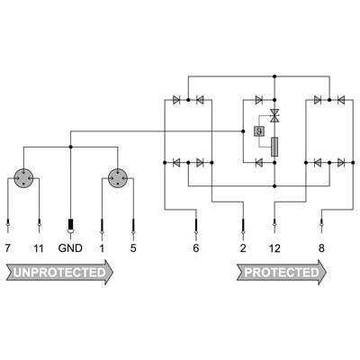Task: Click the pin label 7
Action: (x=8, y=248)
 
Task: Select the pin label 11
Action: (x=39, y=248)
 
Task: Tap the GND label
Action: (x=70, y=248)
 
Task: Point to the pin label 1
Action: (x=102, y=248)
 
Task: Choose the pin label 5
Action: (x=133, y=248)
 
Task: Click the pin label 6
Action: (x=196, y=248)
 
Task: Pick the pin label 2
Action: (x=243, y=248)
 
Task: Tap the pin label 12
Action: (x=274, y=248)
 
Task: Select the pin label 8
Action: (x=321, y=248)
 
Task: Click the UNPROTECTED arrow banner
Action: (x=59, y=272)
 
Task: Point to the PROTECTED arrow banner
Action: (x=282, y=272)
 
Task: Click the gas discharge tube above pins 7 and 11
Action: (x=23, y=178)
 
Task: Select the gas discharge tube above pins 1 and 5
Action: (x=117, y=178)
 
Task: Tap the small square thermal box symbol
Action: (x=258, y=131)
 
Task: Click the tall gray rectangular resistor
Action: (x=274, y=147)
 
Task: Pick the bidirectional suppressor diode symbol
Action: (x=274, y=115)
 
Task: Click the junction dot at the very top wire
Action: (x=274, y=76)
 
